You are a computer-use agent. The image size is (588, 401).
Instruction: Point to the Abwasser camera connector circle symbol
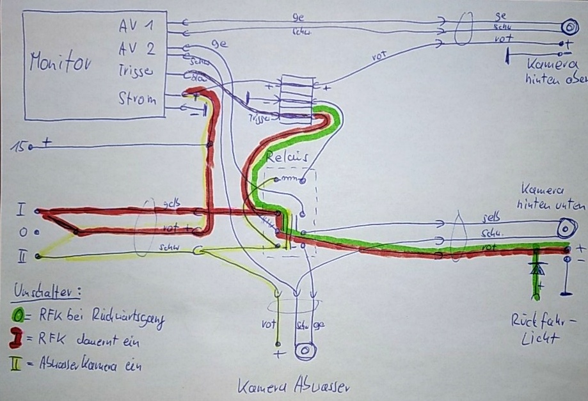tap(305, 351)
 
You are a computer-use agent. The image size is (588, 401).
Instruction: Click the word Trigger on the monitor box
tap(136, 72)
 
